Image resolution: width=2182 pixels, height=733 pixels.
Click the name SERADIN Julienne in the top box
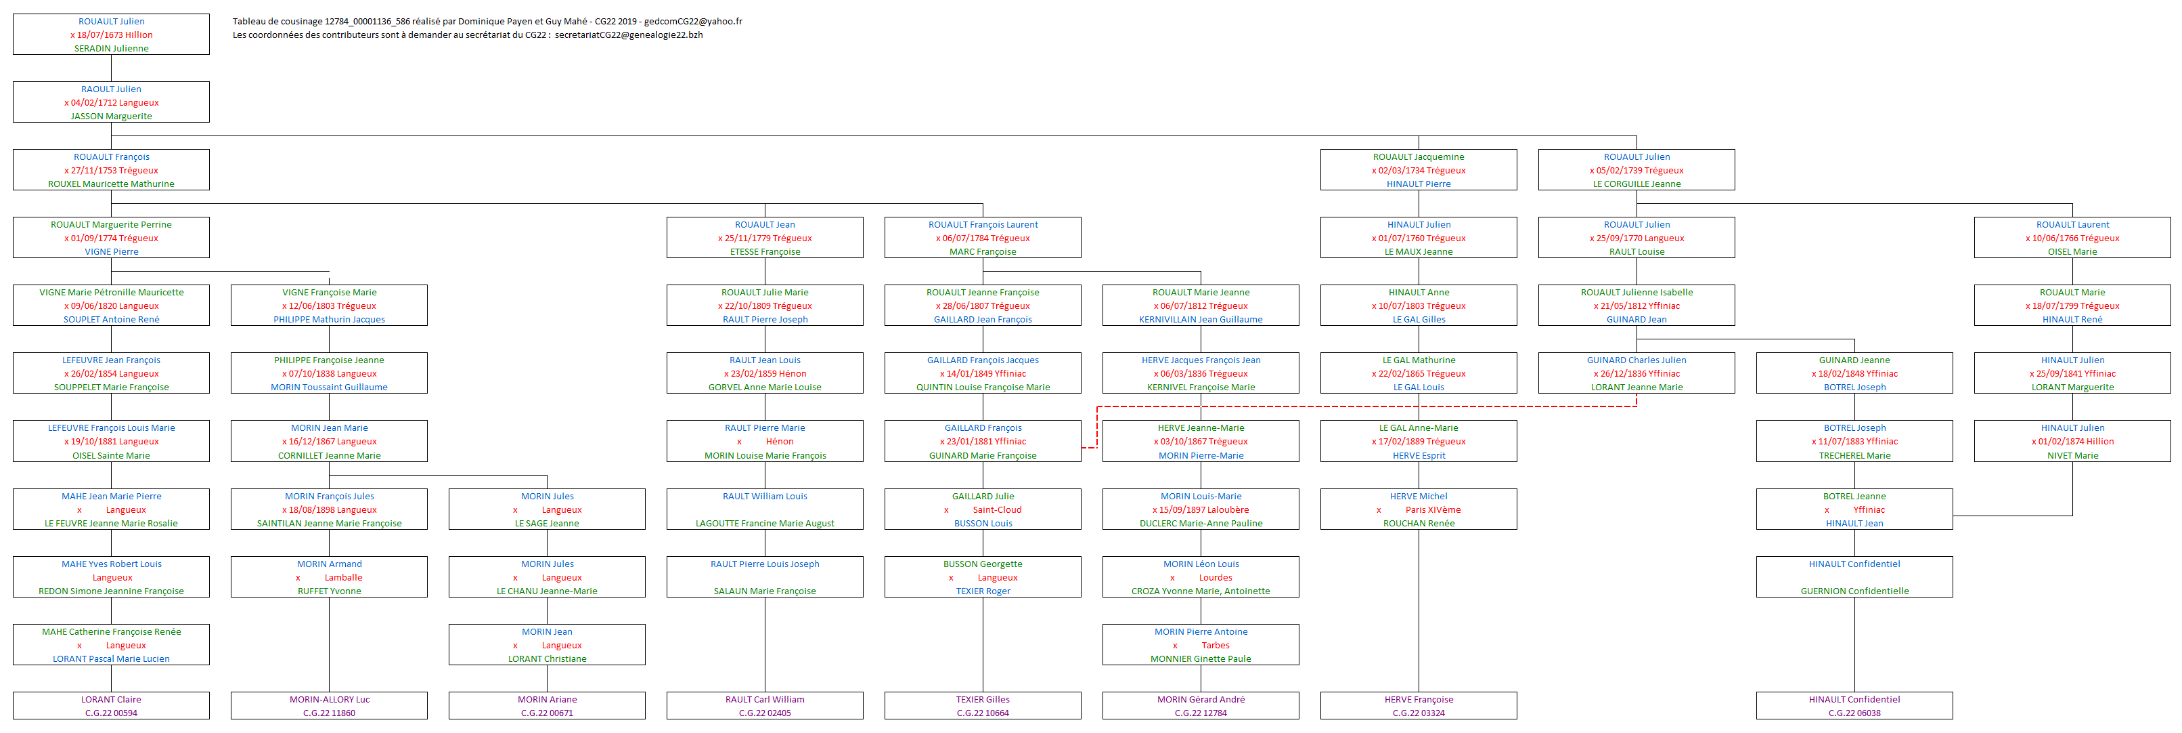[111, 48]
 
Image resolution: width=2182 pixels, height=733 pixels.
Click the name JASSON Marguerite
[111, 116]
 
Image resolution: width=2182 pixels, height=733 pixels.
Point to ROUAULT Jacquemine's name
[1418, 156]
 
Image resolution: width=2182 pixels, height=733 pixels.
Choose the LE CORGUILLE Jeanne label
[1636, 184]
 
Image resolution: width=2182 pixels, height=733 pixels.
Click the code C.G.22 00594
[111, 713]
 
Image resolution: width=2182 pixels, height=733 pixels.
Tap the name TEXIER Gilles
[983, 699]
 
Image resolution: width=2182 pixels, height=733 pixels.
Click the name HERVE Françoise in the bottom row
[1418, 699]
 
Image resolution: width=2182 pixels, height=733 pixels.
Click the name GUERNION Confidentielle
[1854, 591]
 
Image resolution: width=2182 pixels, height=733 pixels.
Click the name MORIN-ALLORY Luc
[329, 699]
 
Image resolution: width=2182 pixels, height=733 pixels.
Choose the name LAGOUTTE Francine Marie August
[765, 523]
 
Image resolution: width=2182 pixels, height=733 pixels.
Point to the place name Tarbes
[1216, 645]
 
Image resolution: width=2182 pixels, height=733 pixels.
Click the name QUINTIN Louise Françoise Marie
[983, 388]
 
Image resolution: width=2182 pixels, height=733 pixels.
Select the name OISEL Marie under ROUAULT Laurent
[2072, 252]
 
